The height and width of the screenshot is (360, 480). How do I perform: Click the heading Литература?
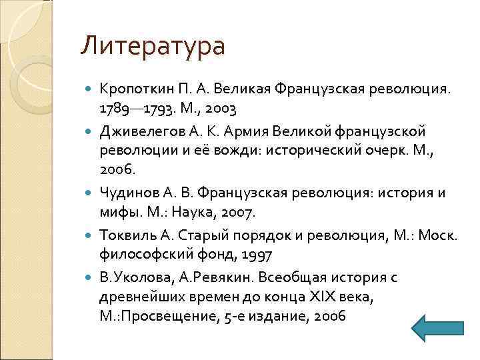pos(153,46)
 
